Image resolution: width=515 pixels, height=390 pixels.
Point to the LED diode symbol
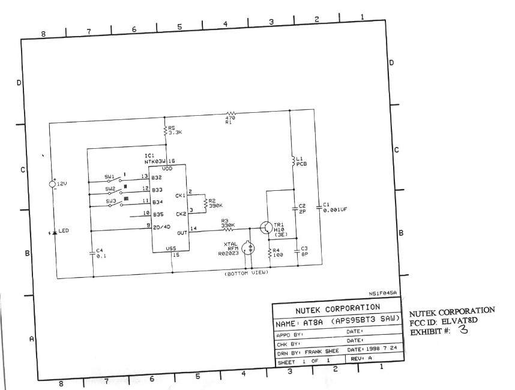54,232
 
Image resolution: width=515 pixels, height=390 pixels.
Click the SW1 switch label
110,177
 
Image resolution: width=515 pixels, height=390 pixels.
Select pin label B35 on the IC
158,214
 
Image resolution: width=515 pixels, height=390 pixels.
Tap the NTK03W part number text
158,162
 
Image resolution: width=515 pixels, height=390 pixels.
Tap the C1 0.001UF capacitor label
333,208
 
